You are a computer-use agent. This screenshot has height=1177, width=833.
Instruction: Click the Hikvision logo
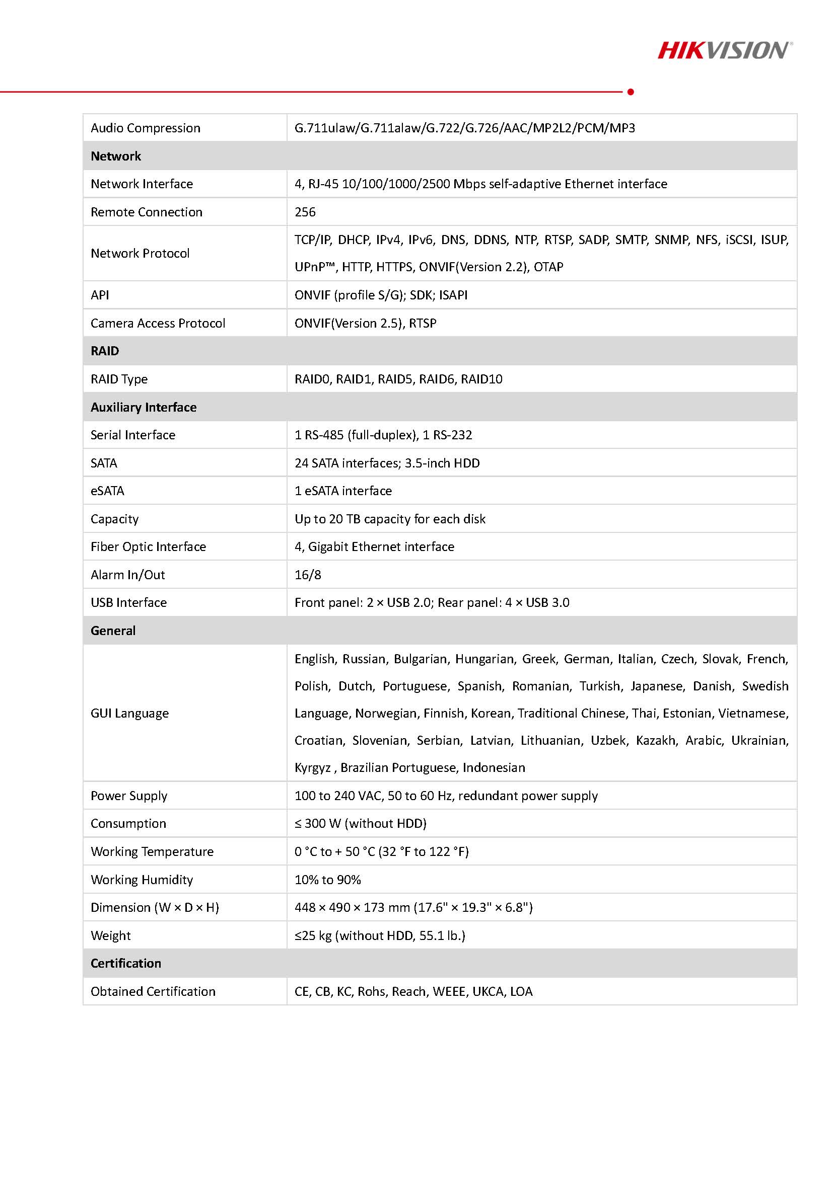(724, 50)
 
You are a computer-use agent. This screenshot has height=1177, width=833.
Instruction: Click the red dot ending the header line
(631, 92)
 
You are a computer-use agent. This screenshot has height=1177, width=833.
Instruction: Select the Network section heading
(115, 156)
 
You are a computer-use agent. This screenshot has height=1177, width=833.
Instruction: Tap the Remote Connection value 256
(305, 212)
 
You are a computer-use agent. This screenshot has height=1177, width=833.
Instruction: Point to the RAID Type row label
(119, 379)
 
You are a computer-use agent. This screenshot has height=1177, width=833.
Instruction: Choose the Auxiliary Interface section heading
(144, 407)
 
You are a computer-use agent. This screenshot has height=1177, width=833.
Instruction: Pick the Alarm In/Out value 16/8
(308, 575)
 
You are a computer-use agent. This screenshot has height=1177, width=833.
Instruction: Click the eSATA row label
(107, 491)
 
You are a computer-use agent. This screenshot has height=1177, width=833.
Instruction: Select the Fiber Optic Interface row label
(148, 546)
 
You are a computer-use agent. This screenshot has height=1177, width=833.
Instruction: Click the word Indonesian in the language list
(494, 767)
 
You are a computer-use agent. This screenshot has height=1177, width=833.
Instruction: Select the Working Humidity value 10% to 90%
(327, 880)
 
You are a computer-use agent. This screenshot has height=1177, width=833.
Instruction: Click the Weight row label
(110, 935)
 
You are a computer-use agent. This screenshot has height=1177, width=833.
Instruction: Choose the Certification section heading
(126, 963)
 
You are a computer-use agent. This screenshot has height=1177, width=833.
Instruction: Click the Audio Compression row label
(145, 128)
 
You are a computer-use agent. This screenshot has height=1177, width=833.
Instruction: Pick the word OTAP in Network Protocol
(548, 267)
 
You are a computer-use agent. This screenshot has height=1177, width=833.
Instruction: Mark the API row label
(100, 295)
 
